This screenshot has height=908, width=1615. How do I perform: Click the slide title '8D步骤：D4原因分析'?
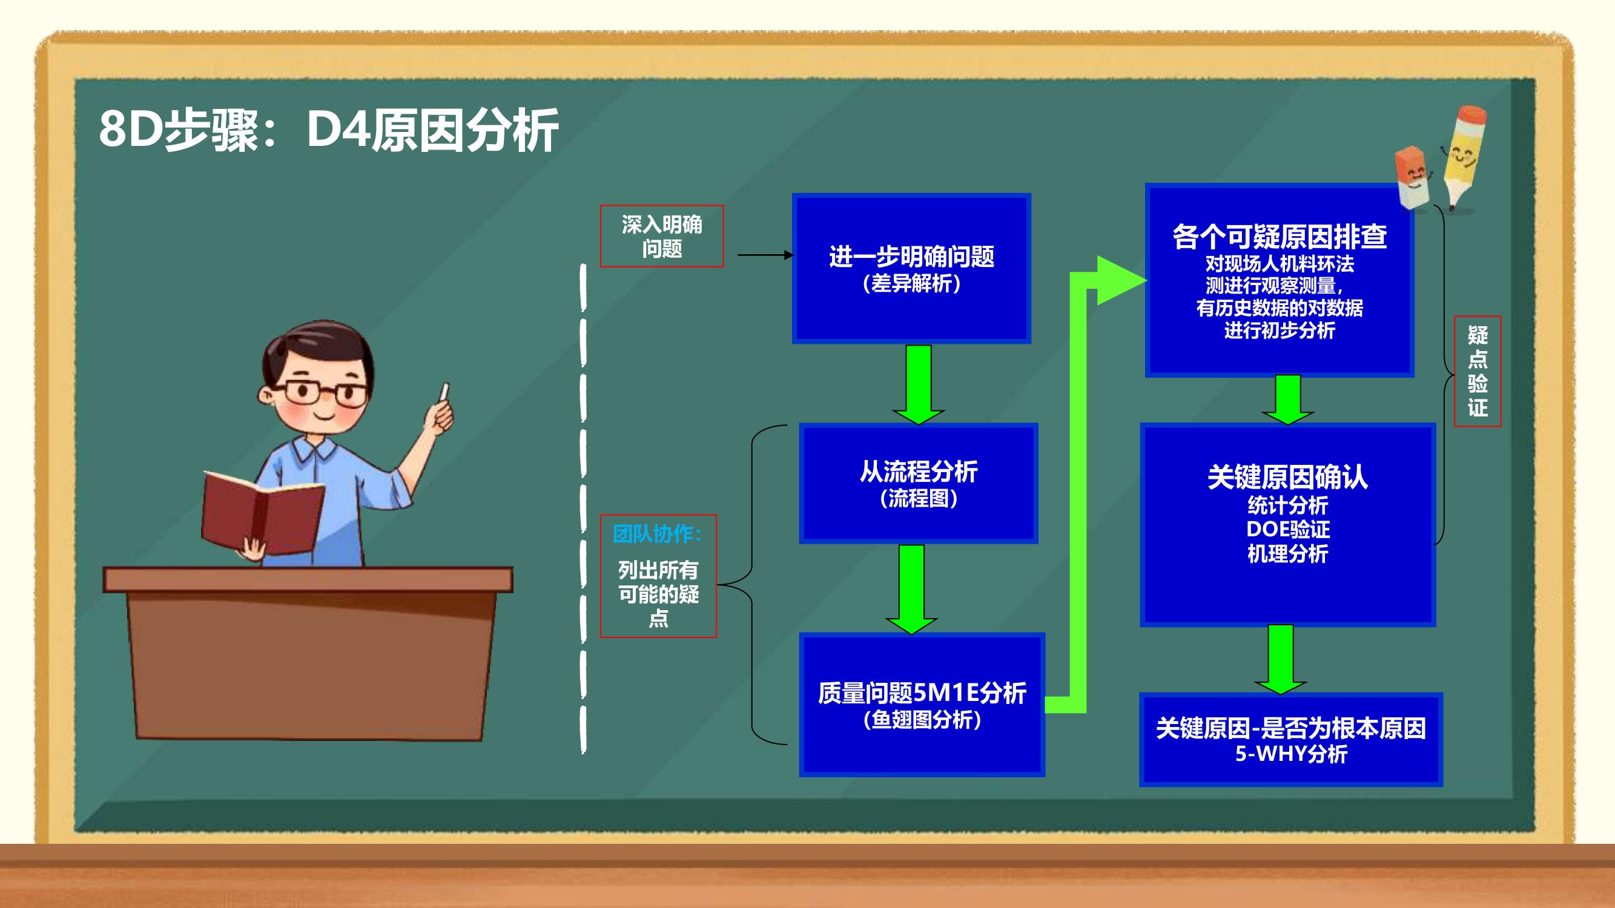329,130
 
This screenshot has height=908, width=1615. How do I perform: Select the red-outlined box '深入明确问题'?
661,236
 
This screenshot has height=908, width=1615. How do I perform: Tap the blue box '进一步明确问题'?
911,268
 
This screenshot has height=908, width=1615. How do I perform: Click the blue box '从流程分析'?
919,483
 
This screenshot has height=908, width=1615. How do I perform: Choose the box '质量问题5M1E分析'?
922,705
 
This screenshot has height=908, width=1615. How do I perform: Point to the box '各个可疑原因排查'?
1279,280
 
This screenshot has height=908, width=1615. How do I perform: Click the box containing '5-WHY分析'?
1291,740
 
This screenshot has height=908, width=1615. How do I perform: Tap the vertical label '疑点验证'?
1478,371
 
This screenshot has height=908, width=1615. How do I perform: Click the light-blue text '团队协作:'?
658,534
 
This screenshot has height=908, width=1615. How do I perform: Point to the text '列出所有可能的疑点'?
658,593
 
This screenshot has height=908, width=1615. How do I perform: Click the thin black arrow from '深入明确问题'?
765,255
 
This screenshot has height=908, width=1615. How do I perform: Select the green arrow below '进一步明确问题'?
919,384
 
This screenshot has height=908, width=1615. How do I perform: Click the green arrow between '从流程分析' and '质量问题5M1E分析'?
911,589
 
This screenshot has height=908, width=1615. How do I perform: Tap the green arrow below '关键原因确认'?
1281,659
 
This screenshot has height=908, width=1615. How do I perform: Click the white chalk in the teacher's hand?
445,391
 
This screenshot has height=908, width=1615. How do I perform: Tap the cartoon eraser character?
1415,178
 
